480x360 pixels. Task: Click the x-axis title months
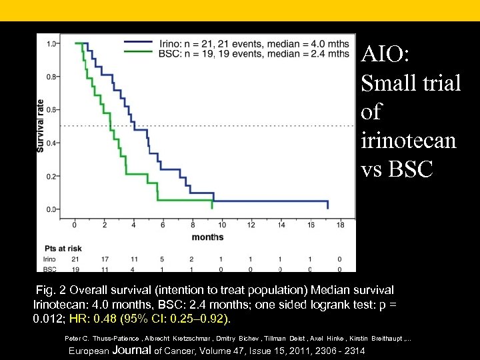tap(207, 237)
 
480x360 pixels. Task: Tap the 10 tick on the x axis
tap(222, 225)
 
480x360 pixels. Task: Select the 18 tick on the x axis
tap(340, 225)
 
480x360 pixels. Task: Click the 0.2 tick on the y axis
tap(51, 176)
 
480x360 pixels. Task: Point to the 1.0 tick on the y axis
tap(51, 44)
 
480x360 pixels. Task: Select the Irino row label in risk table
tap(48, 259)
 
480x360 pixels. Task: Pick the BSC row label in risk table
tap(48, 269)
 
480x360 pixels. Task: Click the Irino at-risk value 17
tap(104, 259)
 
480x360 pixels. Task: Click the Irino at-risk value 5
tap(163, 259)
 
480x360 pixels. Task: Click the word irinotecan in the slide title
tap(409, 141)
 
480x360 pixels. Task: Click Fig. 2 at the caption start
tap(52, 291)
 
